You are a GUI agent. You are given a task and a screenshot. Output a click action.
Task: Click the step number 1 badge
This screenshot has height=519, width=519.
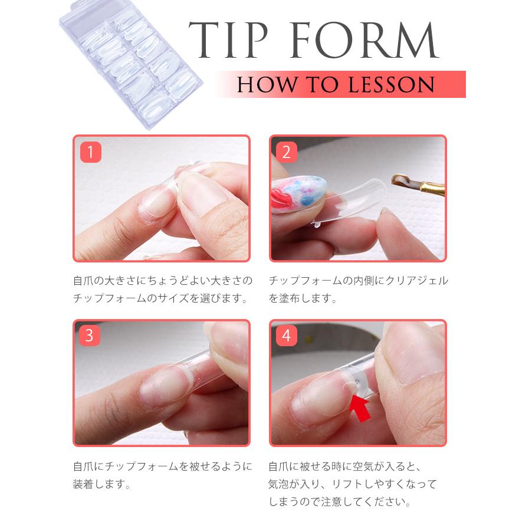pos(90,152)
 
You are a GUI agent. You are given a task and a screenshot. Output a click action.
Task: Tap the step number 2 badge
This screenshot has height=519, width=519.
pos(287,152)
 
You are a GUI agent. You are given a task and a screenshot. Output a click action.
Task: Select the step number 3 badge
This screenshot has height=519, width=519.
pos(90,336)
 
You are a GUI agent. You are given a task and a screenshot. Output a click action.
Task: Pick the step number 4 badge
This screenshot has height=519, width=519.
pos(287,336)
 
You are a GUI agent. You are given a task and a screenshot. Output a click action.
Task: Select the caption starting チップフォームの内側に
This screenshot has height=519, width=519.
pos(358,281)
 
